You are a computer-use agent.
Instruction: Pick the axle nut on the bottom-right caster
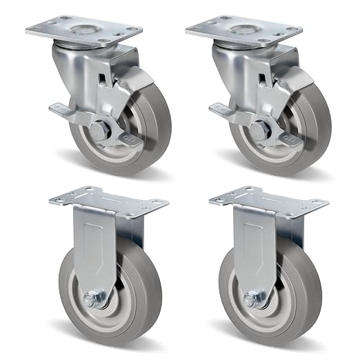pyautogui.click(x=250, y=301)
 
